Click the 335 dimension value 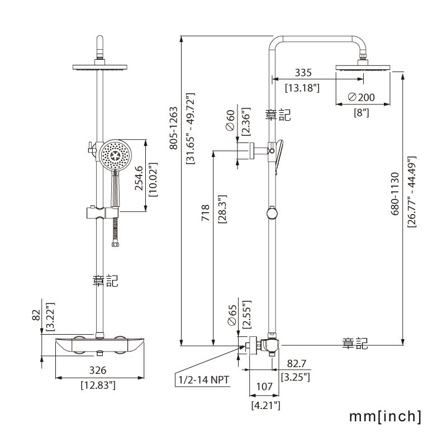pos(303,73)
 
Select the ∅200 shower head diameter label pos(361,97)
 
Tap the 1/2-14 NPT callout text pos(204,380)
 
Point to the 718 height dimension pos(206,213)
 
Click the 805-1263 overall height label pos(174,128)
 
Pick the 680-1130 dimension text pos(395,193)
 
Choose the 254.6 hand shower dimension pos(139,178)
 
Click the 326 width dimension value pos(98,370)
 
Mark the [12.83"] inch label pos(98,386)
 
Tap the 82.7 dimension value pos(297,364)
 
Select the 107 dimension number pos(264,387)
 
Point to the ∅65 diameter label pos(232,315)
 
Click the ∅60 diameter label pos(230,120)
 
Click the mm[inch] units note pos(385,416)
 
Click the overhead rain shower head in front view pos(100,68)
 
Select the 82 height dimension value pos(36,316)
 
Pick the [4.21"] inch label pos(266,405)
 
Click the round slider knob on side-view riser pos(272,213)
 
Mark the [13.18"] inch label pos(302,88)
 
